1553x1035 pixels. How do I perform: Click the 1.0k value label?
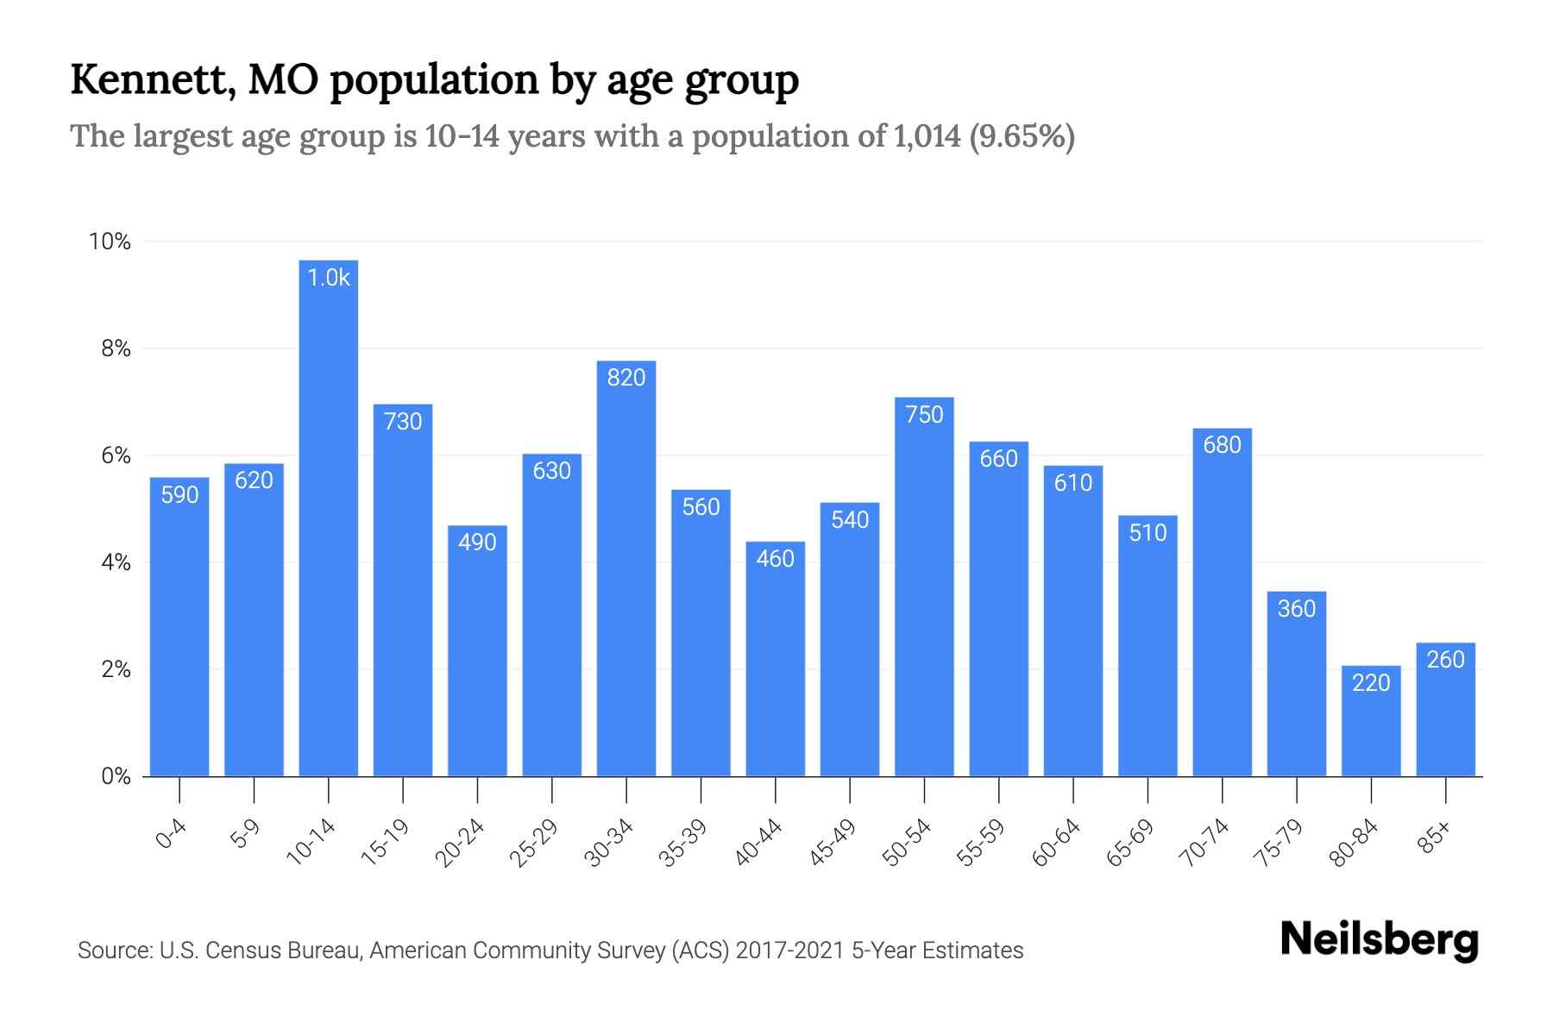(329, 278)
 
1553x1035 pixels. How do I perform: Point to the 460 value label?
(775, 559)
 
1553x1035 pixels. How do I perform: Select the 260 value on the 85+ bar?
(1445, 660)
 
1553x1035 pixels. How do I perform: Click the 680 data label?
(1222, 445)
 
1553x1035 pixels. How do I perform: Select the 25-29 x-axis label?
(534, 843)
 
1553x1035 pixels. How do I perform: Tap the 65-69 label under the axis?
(1130, 843)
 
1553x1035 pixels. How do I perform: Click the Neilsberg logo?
(1379, 940)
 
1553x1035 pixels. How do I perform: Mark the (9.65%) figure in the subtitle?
(1022, 136)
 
